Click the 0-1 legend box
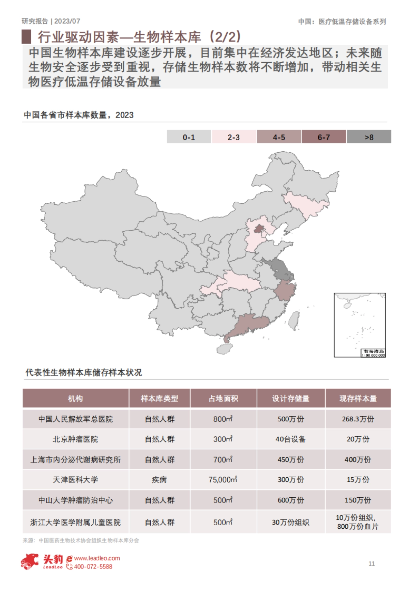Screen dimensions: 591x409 [x=189, y=137]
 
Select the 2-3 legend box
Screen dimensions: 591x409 [x=234, y=137]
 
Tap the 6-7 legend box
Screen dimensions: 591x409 [x=324, y=137]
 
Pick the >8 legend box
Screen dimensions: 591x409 [x=369, y=137]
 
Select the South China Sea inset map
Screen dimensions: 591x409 [x=360, y=325]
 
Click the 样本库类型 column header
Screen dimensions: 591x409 [x=160, y=398]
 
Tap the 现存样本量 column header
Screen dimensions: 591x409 [x=358, y=398]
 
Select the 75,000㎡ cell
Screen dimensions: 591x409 [x=223, y=480]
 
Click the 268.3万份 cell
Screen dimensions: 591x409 [x=358, y=419]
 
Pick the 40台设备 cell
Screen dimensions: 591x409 [x=291, y=439]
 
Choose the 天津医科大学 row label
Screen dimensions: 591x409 [x=75, y=480]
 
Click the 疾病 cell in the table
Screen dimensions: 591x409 [x=160, y=480]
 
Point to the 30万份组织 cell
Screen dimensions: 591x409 [x=291, y=522]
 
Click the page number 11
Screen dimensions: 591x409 [x=372, y=564]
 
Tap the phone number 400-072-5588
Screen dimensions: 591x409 [x=93, y=567]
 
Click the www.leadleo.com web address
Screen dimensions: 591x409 [x=97, y=558]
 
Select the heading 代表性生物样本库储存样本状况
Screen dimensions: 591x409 [x=84, y=372]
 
